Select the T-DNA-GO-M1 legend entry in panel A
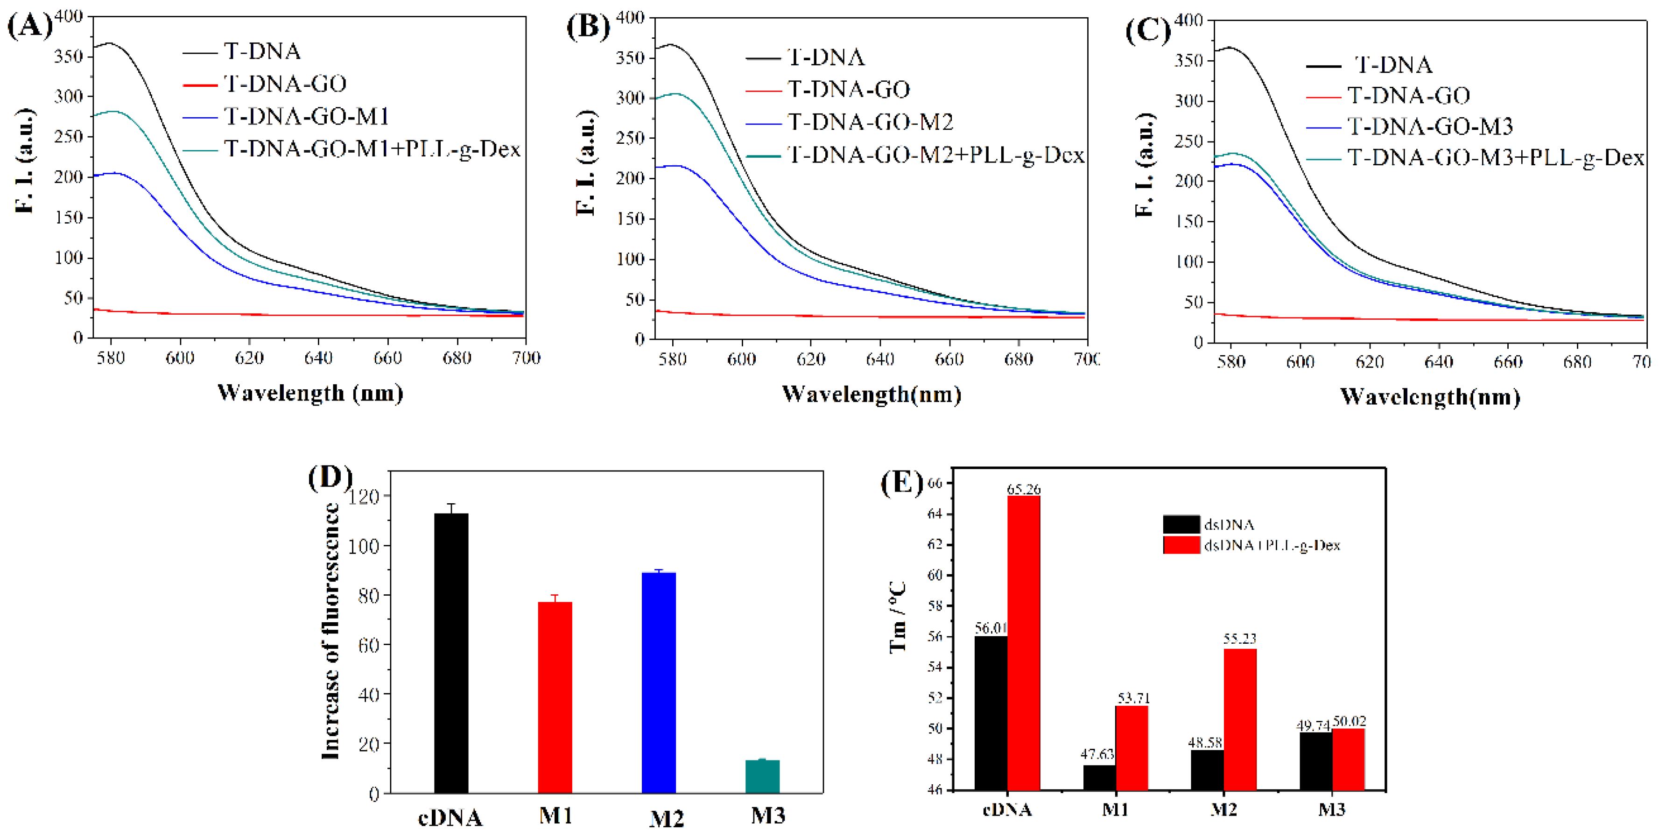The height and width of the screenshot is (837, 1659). [x=306, y=117]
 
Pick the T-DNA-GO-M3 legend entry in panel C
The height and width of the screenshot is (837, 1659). [x=1430, y=126]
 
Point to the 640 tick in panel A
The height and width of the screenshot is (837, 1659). [x=318, y=358]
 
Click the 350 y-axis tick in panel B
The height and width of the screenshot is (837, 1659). [x=629, y=57]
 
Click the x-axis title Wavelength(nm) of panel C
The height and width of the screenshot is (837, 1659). [x=1430, y=397]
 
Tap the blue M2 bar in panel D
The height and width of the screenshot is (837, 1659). [x=659, y=682]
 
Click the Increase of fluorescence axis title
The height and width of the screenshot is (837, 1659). [x=331, y=631]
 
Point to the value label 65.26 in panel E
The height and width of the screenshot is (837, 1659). [x=1023, y=489]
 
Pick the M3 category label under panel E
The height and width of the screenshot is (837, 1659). [x=1331, y=809]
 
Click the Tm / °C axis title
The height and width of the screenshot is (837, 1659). [x=898, y=617]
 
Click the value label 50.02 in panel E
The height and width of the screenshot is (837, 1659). [x=1349, y=721]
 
